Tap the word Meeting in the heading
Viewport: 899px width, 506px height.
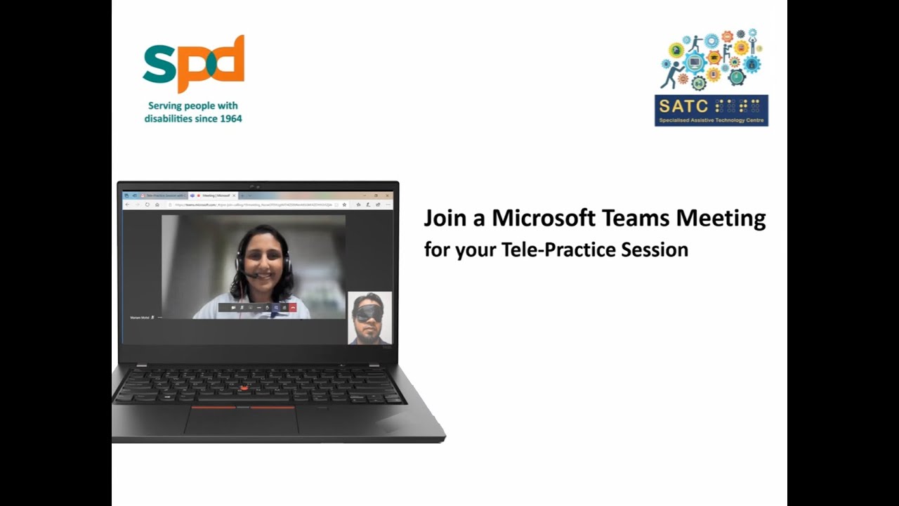click(x=721, y=219)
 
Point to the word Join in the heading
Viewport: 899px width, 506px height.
click(x=445, y=219)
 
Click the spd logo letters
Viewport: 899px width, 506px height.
click(x=193, y=65)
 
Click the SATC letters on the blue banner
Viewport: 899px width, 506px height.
click(x=683, y=107)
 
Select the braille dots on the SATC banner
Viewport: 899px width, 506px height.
click(x=737, y=106)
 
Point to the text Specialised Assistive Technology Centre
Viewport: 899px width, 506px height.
click(x=711, y=121)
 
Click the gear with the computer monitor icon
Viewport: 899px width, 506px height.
click(x=695, y=63)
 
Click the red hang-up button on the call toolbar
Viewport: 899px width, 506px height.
click(x=292, y=307)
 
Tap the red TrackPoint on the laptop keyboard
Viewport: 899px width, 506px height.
click(x=244, y=388)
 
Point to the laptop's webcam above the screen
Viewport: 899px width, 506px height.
click(x=257, y=186)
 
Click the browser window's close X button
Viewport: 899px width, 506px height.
click(x=388, y=195)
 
